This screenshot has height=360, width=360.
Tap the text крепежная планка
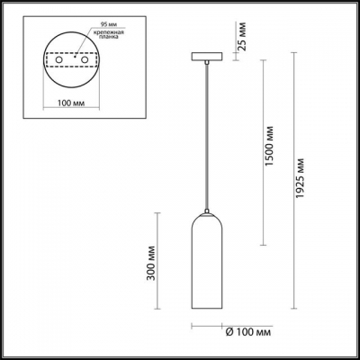coord(97,38)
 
